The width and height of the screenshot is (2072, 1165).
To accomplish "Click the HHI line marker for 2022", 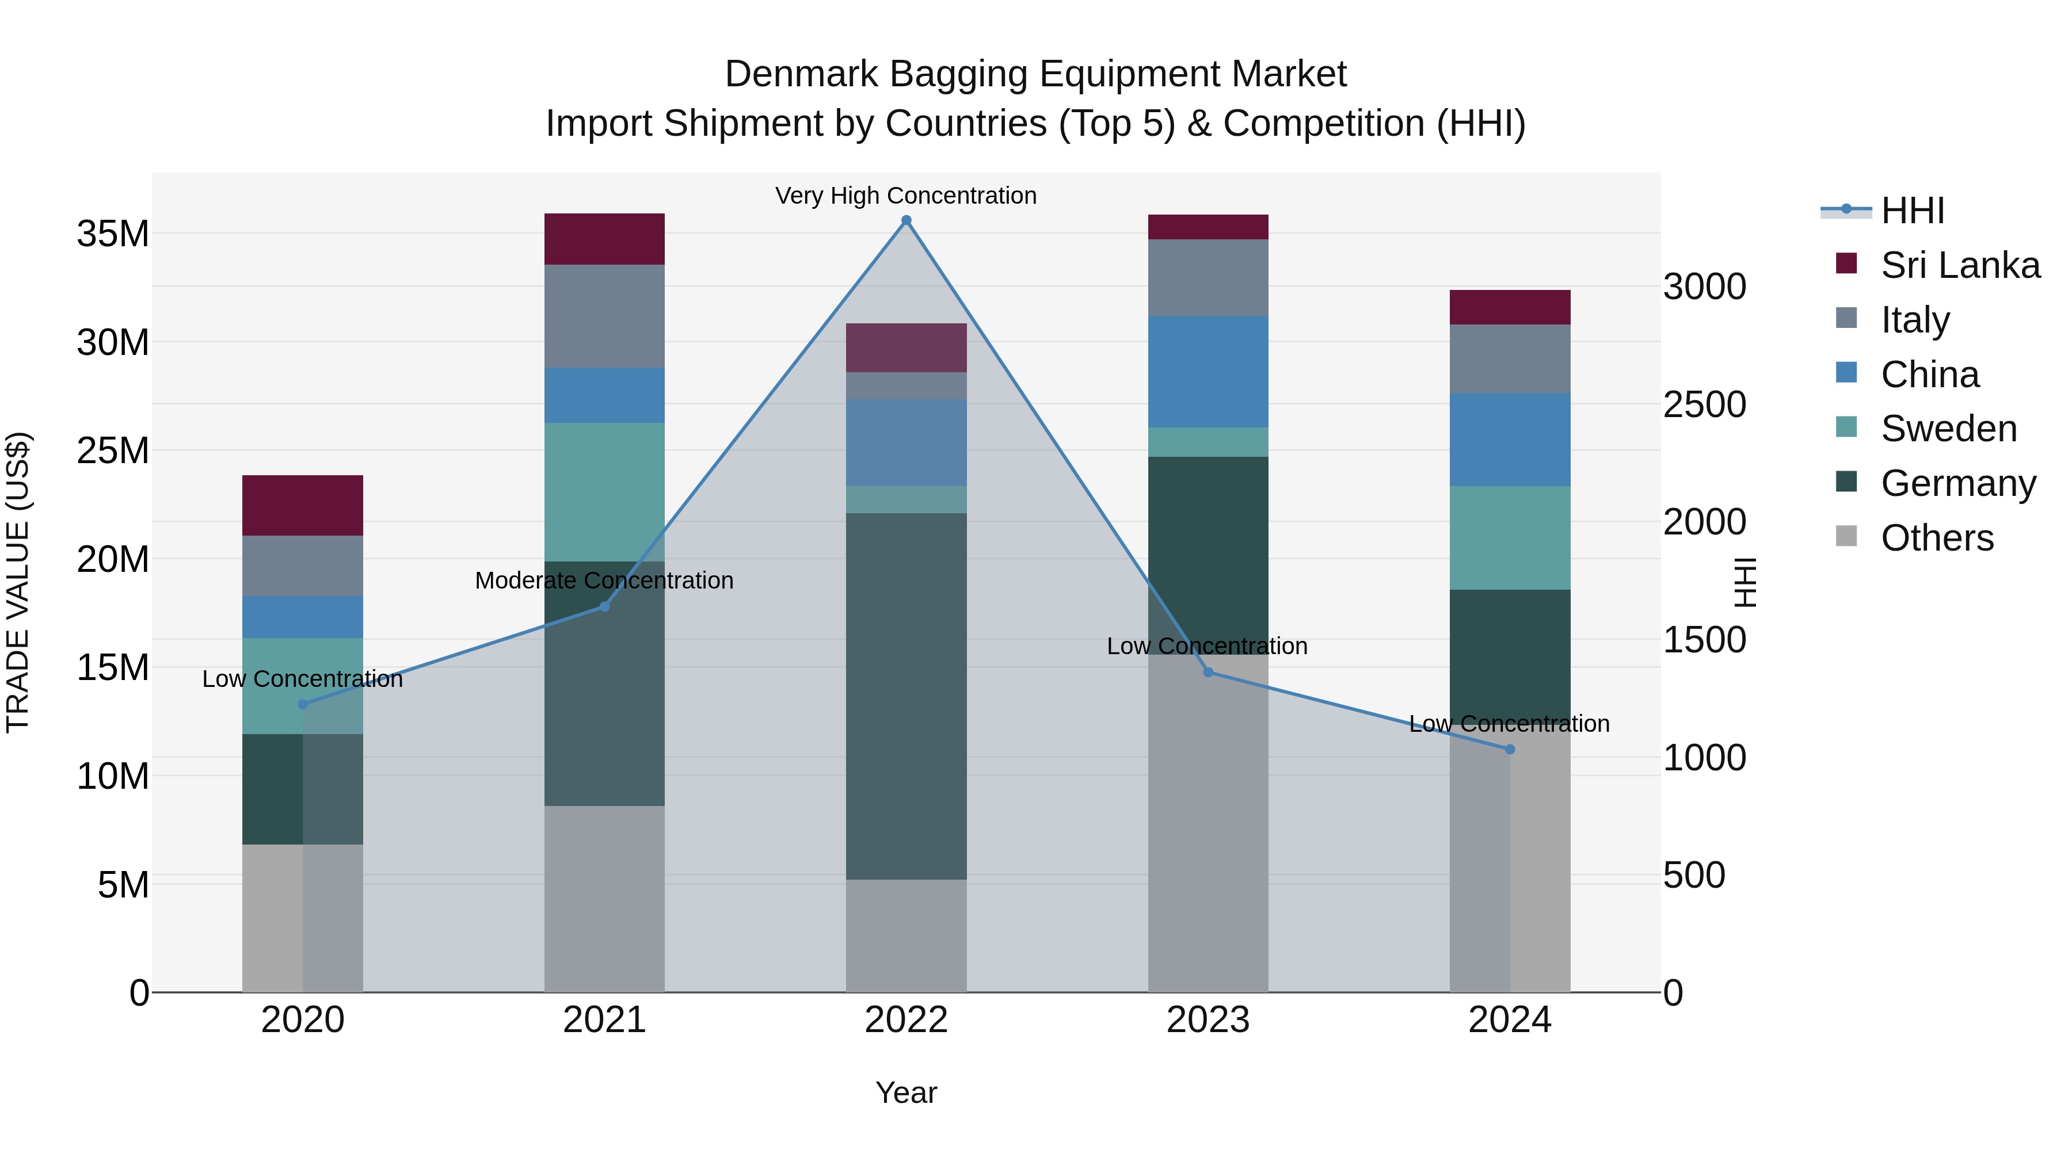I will (x=906, y=220).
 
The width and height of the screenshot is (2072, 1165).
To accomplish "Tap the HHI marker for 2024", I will (x=1509, y=748).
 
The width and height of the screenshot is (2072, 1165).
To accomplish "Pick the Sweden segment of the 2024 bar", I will (x=1509, y=537).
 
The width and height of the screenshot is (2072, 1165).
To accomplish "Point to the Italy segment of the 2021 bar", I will (x=604, y=315).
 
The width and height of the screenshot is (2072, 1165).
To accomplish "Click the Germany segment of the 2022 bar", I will (x=906, y=696).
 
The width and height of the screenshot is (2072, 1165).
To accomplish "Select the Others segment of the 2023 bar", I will (x=1208, y=823).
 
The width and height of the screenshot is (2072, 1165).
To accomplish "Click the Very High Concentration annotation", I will (x=906, y=196).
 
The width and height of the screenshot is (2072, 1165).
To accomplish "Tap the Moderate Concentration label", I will (x=604, y=580).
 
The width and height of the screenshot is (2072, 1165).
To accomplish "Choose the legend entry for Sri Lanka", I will (x=1959, y=265).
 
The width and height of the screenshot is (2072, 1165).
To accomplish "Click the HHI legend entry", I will (x=1912, y=211).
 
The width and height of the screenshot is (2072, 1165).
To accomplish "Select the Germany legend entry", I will (x=1958, y=483).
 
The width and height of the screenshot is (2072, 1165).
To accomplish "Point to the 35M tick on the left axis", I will (x=113, y=234).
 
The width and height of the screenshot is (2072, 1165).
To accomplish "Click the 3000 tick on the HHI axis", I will (x=1704, y=287).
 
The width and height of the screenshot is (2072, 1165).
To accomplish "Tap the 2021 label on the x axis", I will (x=604, y=1020).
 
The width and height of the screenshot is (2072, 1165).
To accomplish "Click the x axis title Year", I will (x=906, y=1093).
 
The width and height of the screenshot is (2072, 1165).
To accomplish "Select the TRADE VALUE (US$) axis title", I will (x=18, y=582).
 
